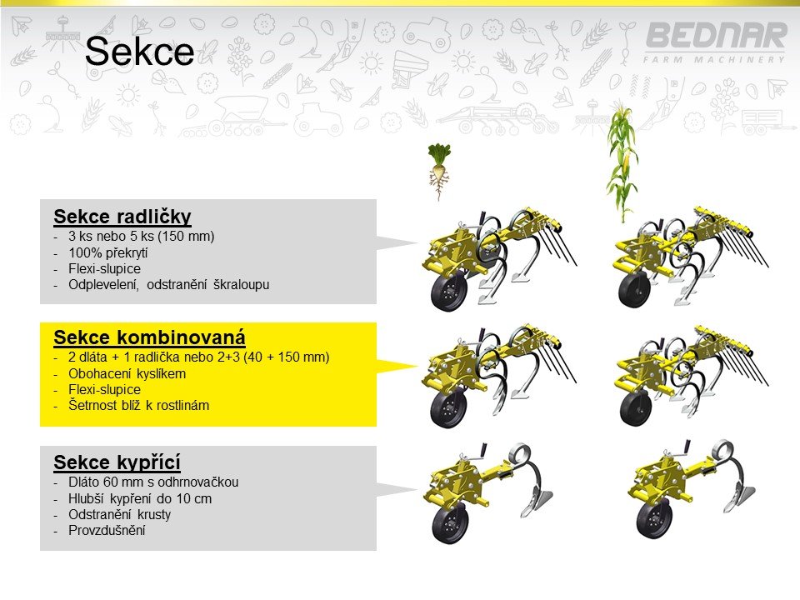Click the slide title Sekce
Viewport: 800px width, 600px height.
[x=139, y=51]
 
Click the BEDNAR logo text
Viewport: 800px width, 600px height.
[x=715, y=36]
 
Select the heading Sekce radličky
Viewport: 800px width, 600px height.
[x=122, y=217]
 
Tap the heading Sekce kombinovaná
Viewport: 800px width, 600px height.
[x=149, y=337]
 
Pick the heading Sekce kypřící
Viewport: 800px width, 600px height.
[x=117, y=462]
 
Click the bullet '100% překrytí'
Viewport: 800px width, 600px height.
[x=108, y=252]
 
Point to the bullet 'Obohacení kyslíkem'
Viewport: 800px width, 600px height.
[x=127, y=373]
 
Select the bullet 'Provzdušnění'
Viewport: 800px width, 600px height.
[x=107, y=530]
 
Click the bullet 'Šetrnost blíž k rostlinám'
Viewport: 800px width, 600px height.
[x=139, y=406]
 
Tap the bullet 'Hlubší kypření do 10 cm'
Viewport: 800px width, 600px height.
[x=140, y=498]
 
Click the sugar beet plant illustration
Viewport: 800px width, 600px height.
[x=439, y=172]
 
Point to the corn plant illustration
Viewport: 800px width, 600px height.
[x=622, y=162]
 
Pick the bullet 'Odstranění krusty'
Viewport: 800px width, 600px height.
[x=119, y=514]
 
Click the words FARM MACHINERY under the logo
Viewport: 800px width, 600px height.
[x=714, y=60]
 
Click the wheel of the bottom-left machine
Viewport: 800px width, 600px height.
[x=450, y=524]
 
